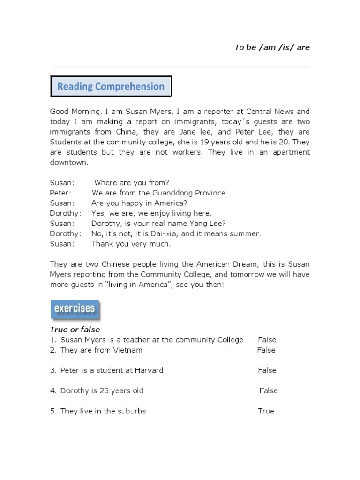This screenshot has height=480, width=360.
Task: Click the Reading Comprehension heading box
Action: coord(111,86)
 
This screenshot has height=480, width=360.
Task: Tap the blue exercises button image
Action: coord(75,309)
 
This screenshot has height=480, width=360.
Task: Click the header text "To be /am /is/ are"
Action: coord(272,47)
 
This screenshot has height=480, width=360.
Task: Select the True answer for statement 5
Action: coord(266,411)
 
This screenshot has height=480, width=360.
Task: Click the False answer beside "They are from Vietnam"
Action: coord(266,350)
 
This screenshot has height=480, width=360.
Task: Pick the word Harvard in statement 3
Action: coord(149,370)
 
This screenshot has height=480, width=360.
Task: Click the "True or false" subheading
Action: coord(75,330)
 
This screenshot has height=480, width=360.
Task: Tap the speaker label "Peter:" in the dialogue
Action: coord(60,193)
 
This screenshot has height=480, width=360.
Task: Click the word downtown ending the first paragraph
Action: coord(68,162)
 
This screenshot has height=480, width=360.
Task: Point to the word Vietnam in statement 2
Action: coord(127,350)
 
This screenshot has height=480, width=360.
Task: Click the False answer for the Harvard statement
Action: coord(267,370)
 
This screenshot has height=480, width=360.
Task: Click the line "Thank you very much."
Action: coord(131,244)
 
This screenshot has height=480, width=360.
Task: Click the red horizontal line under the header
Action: coord(181,67)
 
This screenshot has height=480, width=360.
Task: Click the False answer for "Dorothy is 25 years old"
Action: coord(268,390)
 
